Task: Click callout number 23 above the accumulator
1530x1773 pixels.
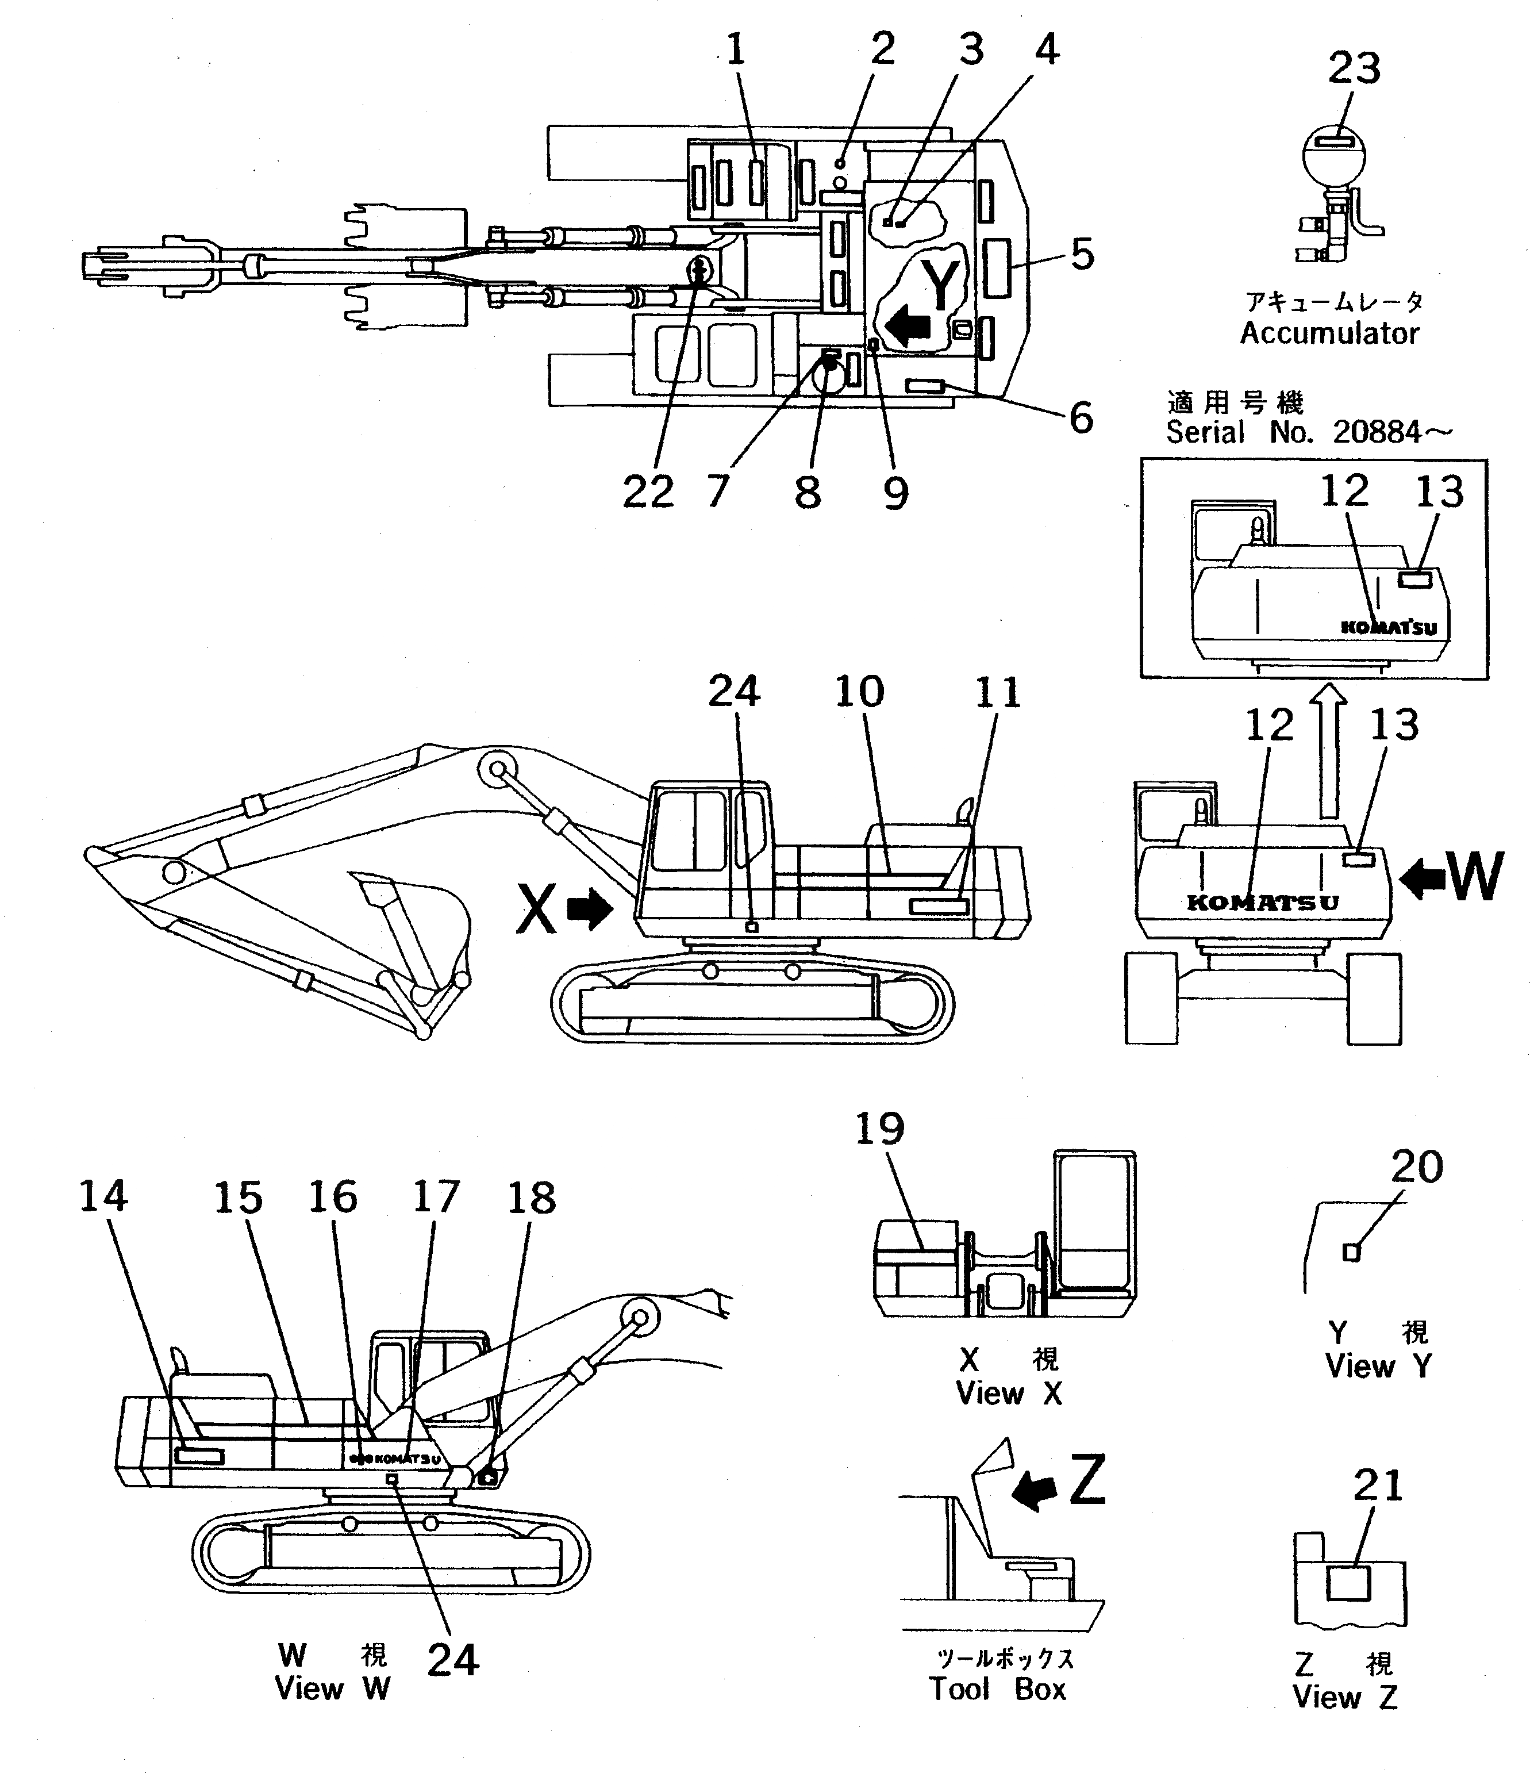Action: [x=1354, y=68]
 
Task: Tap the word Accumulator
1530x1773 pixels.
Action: [x=1329, y=333]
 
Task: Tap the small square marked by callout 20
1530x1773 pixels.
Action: [x=1351, y=1253]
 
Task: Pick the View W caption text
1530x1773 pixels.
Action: [x=332, y=1688]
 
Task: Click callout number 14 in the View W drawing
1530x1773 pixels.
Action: [x=103, y=1196]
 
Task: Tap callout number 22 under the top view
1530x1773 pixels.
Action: [x=648, y=492]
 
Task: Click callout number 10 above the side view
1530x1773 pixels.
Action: [x=859, y=692]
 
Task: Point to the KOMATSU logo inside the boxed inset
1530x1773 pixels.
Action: [x=1388, y=627]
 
